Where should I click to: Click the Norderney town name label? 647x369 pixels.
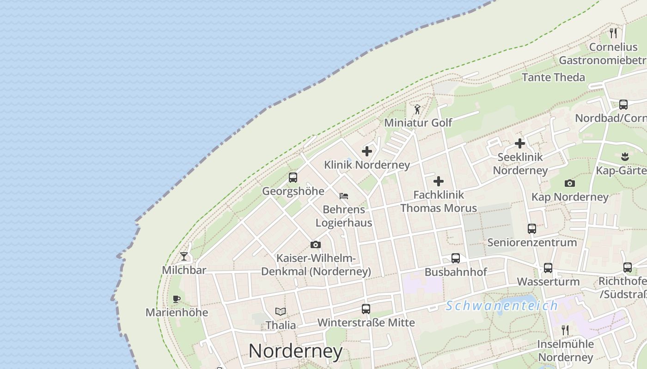point(296,351)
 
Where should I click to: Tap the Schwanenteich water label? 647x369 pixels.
point(502,306)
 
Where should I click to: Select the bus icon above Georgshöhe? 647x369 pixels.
point(293,177)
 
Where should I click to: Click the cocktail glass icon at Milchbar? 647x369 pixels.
point(184,256)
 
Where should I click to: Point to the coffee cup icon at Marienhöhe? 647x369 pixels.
point(176,299)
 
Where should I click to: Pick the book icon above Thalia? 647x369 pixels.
point(281,311)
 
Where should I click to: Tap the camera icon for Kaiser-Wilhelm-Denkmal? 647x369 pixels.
point(316,244)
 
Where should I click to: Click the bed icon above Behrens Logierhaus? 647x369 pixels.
point(343,196)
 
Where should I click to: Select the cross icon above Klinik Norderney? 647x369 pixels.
point(367,151)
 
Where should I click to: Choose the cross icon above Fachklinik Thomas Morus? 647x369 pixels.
point(439,181)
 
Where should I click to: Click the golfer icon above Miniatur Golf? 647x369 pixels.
point(417,109)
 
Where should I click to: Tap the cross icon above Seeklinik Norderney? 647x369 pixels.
point(520,143)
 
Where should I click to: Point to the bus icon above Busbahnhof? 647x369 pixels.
point(456,258)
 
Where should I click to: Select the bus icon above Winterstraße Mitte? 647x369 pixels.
point(366,309)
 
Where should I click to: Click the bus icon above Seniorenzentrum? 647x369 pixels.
point(532,228)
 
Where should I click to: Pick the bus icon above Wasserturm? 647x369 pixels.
point(548,268)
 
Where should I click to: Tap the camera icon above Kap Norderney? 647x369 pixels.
point(570,183)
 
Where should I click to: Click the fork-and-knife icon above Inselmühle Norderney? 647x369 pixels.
point(565,330)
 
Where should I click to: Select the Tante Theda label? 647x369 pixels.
point(553,77)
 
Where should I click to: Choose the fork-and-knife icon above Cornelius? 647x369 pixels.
point(613,33)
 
